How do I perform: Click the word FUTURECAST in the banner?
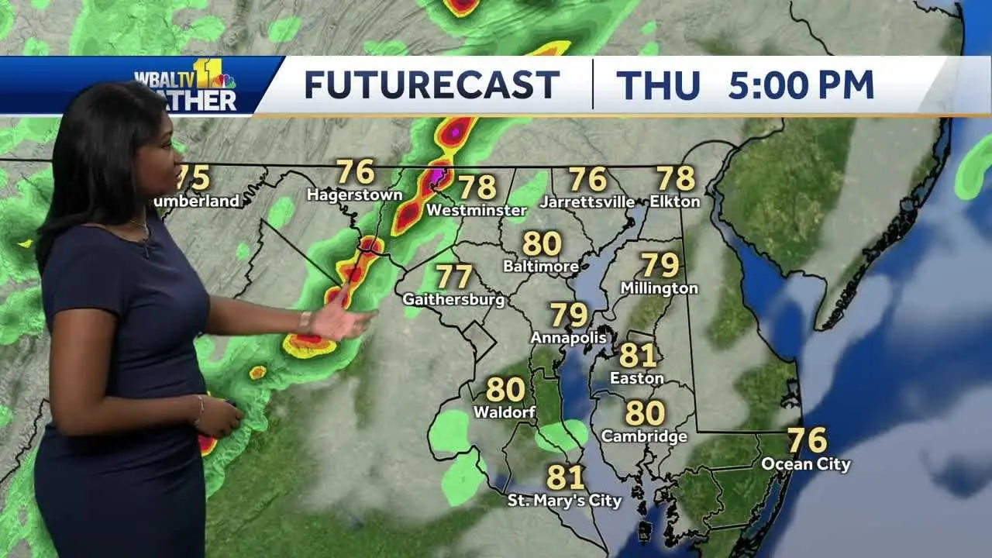[x=432, y=84]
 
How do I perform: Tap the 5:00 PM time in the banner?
[x=801, y=84]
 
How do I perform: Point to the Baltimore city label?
[x=541, y=267]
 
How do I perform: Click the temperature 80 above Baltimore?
[x=542, y=243]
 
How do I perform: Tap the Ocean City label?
[x=806, y=464]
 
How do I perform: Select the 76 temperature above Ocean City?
[x=807, y=440]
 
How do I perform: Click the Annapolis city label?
[x=568, y=338]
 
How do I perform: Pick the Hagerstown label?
[x=354, y=195]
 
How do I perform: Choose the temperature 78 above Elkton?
[x=676, y=178]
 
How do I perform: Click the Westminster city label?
[x=477, y=210]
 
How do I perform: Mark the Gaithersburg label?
[x=453, y=299]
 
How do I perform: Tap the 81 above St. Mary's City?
[x=566, y=477]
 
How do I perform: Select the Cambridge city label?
[x=644, y=436]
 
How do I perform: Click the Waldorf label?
[x=505, y=412]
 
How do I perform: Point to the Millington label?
[x=660, y=288]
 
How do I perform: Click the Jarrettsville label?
[x=587, y=201]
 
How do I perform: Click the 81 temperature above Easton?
[x=638, y=355]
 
